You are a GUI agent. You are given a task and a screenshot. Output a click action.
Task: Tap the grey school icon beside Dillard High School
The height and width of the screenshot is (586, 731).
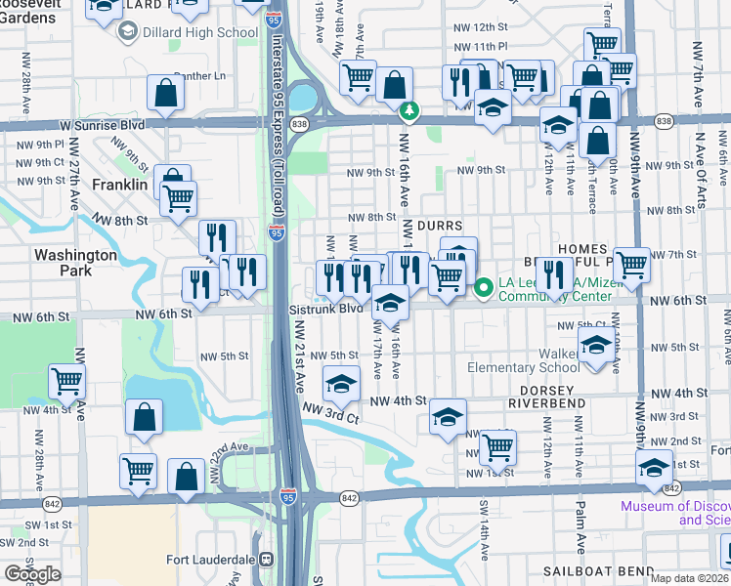pos(127,32)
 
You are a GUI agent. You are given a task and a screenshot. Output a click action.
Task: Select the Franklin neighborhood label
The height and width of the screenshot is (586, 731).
pos(119,184)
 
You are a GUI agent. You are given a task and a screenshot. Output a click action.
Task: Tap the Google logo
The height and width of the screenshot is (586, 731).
pos(32,573)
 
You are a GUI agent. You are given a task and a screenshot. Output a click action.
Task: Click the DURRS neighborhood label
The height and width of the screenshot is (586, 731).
pos(439,225)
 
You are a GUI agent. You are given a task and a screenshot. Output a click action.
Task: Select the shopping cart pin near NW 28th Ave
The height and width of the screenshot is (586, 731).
pos(67,381)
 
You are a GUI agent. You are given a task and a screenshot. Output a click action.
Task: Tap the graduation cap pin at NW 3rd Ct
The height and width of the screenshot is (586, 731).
pos(341,385)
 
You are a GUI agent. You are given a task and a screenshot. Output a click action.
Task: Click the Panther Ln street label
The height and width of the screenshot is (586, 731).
pos(199,75)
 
